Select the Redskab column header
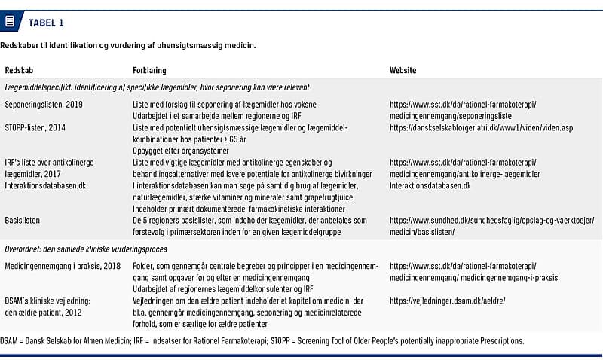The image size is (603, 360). click(x=19, y=70)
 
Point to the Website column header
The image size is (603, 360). click(x=403, y=70)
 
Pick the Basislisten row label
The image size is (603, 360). click(x=23, y=221)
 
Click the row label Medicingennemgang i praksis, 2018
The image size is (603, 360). click(x=62, y=266)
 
